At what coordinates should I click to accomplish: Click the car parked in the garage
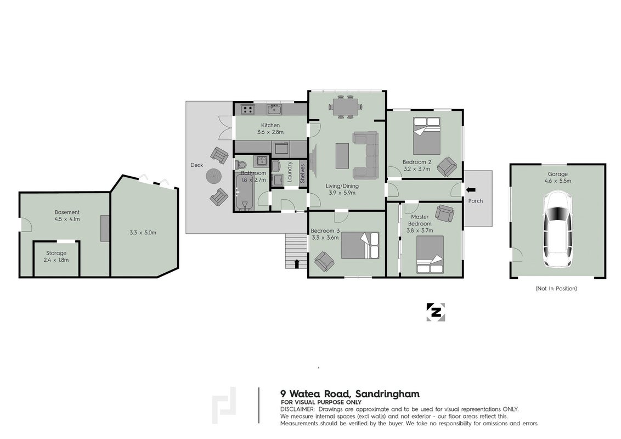[x=557, y=229]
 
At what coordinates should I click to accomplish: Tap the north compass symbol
[x=436, y=312]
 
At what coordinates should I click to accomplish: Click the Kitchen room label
[x=270, y=125]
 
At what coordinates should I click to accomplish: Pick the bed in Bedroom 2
[x=427, y=136]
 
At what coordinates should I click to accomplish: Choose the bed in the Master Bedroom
[x=430, y=255]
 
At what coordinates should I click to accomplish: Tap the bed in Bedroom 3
[x=360, y=246]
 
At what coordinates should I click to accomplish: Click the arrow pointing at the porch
[x=471, y=190]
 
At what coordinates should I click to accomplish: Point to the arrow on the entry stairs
[x=297, y=264]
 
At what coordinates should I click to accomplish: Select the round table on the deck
[x=214, y=176]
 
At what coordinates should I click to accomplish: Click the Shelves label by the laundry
[x=303, y=173]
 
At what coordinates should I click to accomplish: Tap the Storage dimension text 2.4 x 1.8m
[x=57, y=260]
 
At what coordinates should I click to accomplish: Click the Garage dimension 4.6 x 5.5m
[x=557, y=181]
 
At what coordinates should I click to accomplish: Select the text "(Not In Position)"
[x=556, y=289]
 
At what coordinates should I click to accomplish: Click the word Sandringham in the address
[x=387, y=394]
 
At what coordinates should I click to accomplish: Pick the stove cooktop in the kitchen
[x=248, y=109]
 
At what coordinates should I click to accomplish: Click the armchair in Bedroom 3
[x=324, y=262]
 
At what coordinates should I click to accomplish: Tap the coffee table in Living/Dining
[x=342, y=156]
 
